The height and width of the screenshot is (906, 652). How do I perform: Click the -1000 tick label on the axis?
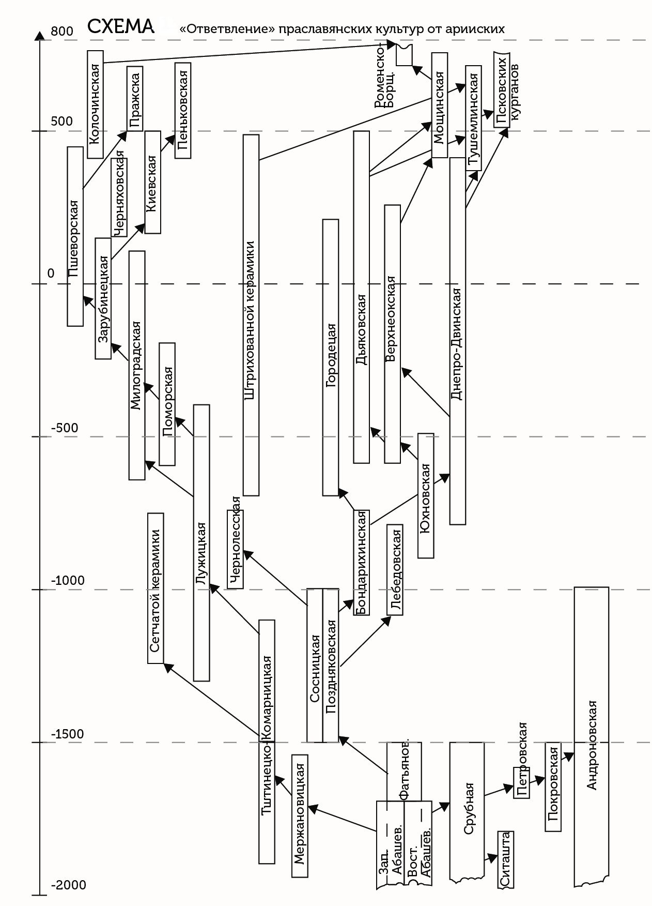coord(68,581)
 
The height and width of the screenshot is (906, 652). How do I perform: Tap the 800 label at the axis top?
coord(62,32)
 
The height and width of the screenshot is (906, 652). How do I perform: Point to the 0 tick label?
coord(51,274)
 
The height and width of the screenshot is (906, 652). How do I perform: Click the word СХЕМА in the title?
coord(120,26)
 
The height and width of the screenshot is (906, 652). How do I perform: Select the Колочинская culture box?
coord(95,104)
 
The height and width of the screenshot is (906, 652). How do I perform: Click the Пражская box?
coord(135,99)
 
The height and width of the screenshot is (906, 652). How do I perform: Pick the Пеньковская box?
coord(183,110)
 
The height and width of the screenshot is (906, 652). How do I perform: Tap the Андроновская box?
coord(592,745)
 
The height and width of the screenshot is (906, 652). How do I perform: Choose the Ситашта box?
coord(506,859)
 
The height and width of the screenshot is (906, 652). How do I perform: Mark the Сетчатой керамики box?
coord(156,588)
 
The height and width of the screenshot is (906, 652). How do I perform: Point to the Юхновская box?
coord(426,495)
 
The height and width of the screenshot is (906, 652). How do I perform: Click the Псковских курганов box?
coord(502,89)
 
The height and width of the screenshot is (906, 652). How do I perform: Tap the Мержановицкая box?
coord(300,816)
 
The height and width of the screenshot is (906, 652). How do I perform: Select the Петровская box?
coord(521,782)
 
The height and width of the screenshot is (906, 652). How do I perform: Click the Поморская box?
coord(167,404)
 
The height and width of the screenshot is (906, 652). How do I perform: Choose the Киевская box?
coord(152,182)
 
